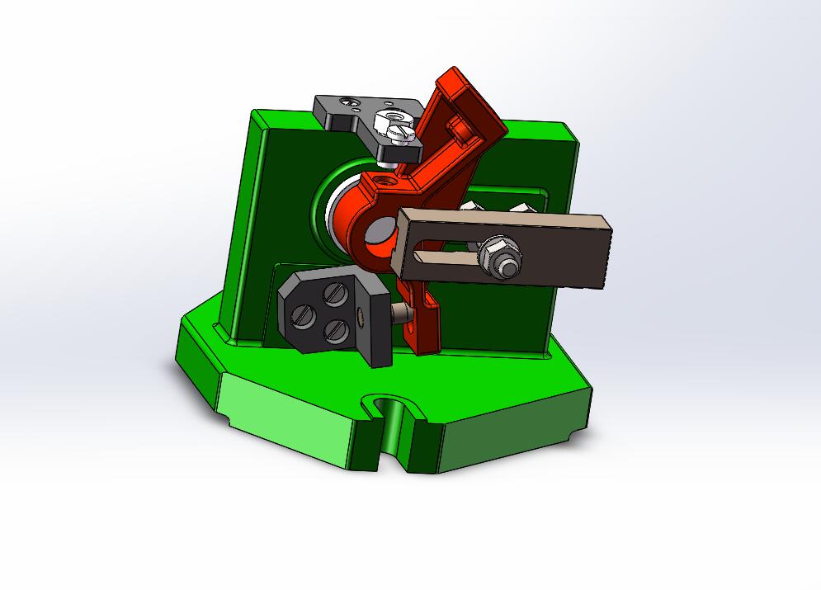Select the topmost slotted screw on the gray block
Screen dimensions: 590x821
pyautogui.click(x=333, y=292)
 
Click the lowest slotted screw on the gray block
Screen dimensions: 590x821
pyautogui.click(x=334, y=330)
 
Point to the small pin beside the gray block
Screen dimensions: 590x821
pyautogui.click(x=399, y=314)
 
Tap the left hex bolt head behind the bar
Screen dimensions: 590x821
pyautogui.click(x=472, y=205)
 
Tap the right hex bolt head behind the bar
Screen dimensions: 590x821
pyautogui.click(x=520, y=206)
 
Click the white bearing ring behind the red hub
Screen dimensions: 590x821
pyautogui.click(x=334, y=215)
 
